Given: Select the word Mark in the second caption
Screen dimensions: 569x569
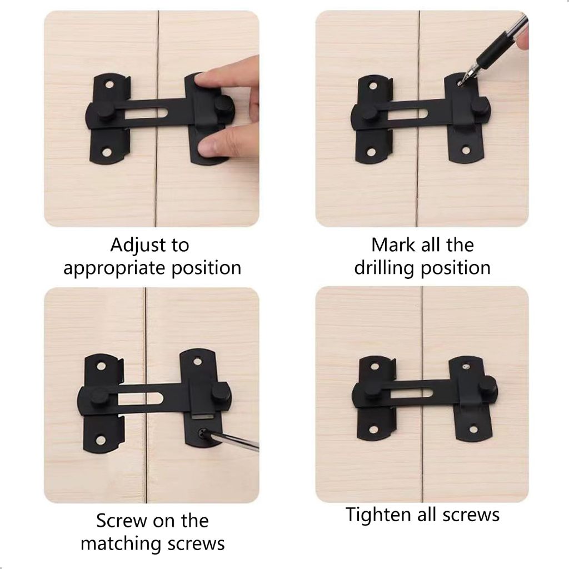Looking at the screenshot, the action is (388, 245).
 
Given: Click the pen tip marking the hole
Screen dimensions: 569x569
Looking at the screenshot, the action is (461, 83).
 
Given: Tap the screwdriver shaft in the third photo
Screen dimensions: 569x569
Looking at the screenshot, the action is (232, 441).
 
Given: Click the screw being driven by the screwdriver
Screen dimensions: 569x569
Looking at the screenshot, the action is (202, 432).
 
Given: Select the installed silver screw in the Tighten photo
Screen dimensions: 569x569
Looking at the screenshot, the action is (467, 367).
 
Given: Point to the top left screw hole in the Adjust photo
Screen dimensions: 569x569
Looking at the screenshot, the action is (109, 85).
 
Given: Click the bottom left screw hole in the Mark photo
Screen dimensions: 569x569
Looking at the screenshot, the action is (372, 152).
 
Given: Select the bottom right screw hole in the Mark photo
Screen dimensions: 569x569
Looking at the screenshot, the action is (466, 149).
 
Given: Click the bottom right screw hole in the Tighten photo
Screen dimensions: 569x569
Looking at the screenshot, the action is (473, 431).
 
